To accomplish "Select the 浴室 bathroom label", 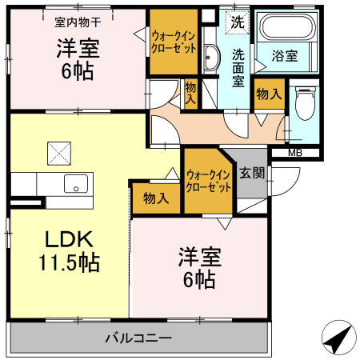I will [285, 56].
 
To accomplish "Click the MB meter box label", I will [295, 153].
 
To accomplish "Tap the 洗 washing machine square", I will [238, 22].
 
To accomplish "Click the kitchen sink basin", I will [76, 183].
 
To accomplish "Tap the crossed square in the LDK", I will [58, 150].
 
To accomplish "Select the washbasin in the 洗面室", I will [211, 58].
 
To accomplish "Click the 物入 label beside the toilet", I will [269, 94].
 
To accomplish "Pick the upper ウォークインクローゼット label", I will [174, 42].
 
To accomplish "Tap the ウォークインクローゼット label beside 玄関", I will [208, 180].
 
